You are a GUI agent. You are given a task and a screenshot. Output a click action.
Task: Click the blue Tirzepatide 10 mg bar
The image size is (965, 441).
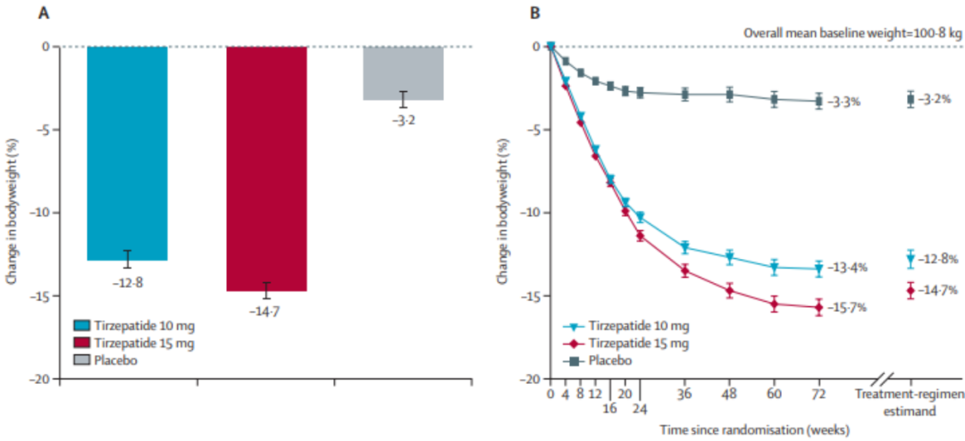click(x=127, y=153)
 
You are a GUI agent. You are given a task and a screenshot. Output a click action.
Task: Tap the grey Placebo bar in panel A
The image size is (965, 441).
click(x=404, y=73)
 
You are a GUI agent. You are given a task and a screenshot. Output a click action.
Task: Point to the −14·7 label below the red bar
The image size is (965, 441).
click(x=266, y=311)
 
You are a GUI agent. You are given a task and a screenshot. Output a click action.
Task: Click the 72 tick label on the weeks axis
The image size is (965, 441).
click(x=818, y=394)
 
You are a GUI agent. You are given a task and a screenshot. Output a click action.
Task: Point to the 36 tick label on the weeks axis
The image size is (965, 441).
click(x=684, y=394)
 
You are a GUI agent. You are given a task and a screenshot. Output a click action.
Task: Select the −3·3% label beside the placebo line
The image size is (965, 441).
click(x=843, y=102)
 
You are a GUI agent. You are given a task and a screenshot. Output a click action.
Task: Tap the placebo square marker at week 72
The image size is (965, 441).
click(x=818, y=101)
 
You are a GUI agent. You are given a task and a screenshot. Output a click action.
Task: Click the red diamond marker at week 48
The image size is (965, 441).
click(x=729, y=290)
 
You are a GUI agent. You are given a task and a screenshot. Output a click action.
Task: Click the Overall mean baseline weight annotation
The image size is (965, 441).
click(x=853, y=34)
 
